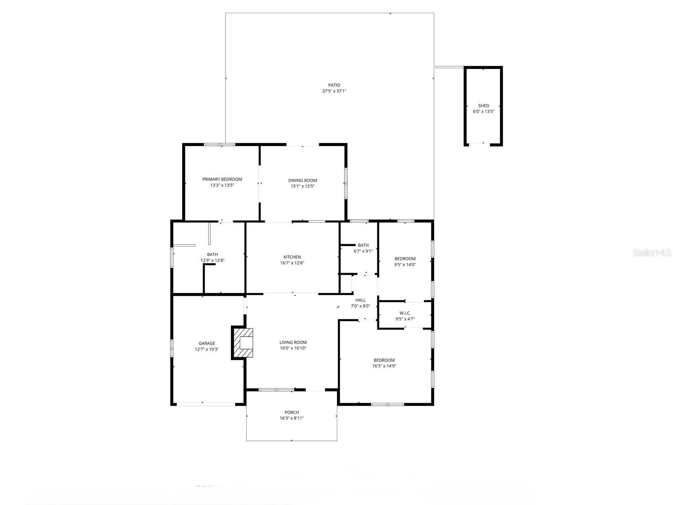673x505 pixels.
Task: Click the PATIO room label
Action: (334, 85)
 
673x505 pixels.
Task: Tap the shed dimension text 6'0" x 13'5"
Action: (483, 112)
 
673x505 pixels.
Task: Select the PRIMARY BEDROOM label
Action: (222, 179)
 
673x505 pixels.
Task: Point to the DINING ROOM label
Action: (302, 181)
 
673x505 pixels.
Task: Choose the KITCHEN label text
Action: (292, 257)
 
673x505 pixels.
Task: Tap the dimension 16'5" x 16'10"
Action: (293, 348)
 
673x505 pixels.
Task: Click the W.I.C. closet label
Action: (405, 313)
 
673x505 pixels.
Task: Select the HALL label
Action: (360, 300)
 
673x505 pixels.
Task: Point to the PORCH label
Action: (291, 412)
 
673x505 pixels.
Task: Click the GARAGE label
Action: (207, 343)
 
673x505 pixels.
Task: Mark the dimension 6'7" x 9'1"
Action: (363, 251)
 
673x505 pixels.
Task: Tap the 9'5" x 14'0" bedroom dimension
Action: (405, 265)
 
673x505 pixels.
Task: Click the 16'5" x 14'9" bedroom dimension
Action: (384, 366)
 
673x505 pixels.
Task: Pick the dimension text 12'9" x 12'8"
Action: (212, 260)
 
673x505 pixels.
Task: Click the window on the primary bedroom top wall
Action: (220, 145)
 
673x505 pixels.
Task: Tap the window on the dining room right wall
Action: (346, 183)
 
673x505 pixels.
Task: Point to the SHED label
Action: (483, 106)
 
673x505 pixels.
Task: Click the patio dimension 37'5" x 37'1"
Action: (334, 91)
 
